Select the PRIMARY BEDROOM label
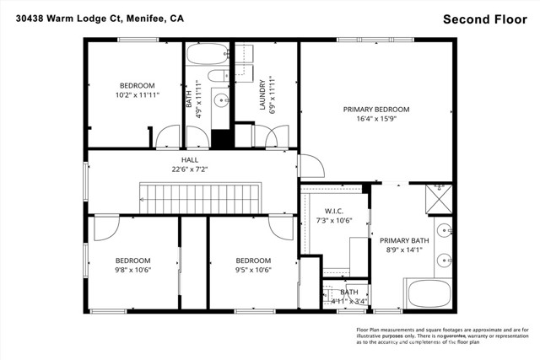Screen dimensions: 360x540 (x=375, y=110)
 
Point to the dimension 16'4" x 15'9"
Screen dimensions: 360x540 (x=375, y=120)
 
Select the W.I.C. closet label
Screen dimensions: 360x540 (x=333, y=212)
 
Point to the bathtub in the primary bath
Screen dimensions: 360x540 (x=429, y=295)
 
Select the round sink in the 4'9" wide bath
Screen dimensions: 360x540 (x=222, y=100)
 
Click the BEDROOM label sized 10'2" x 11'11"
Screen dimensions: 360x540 (x=137, y=86)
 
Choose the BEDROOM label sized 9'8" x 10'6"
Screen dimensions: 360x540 (x=132, y=261)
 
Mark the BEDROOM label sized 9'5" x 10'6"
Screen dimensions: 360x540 (x=253, y=261)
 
